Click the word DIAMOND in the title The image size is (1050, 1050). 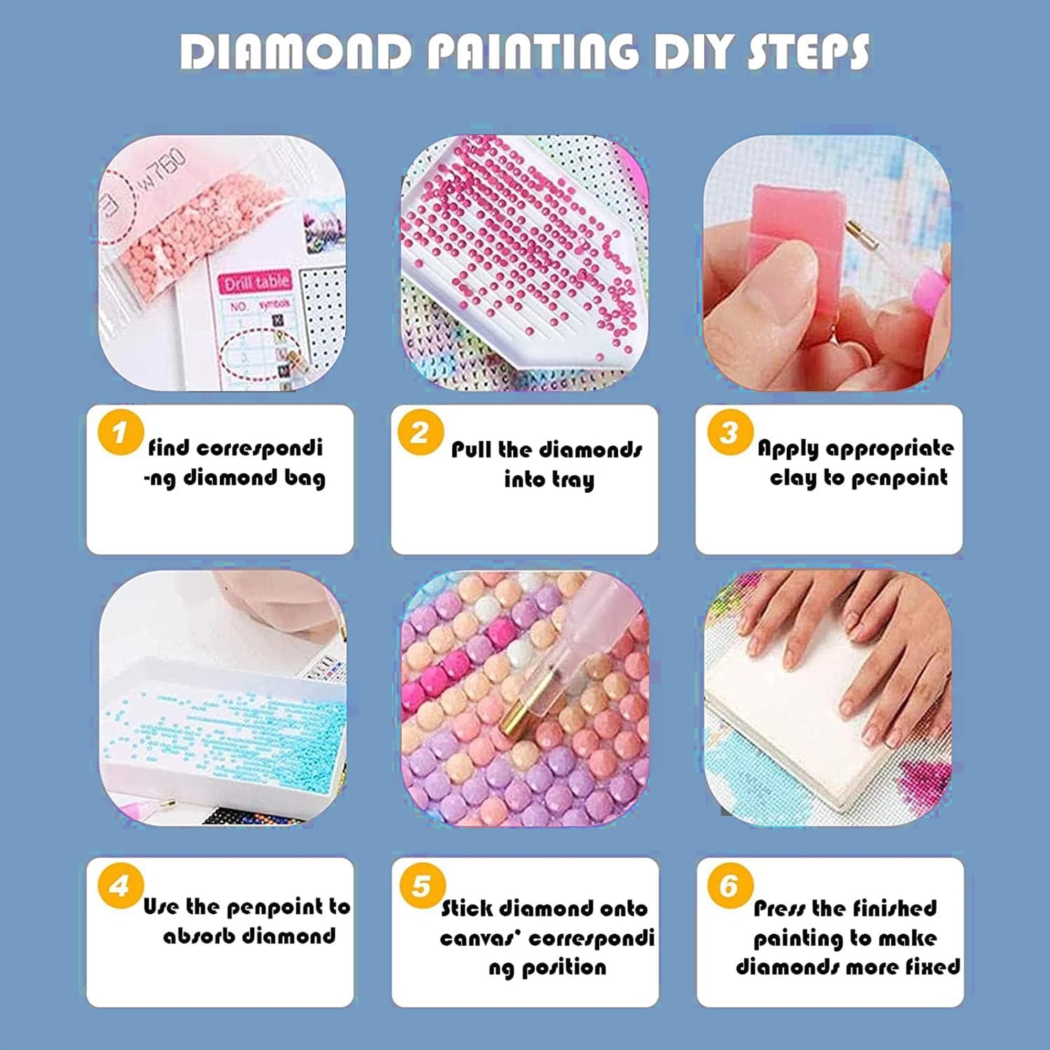pos(296,52)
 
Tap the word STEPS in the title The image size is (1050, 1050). pos(809,52)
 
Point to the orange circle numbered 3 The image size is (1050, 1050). pos(730,432)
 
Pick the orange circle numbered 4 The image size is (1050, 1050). pos(120,885)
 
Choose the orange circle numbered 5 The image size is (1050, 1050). pos(422,885)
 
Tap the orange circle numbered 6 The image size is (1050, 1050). pos(730,885)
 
